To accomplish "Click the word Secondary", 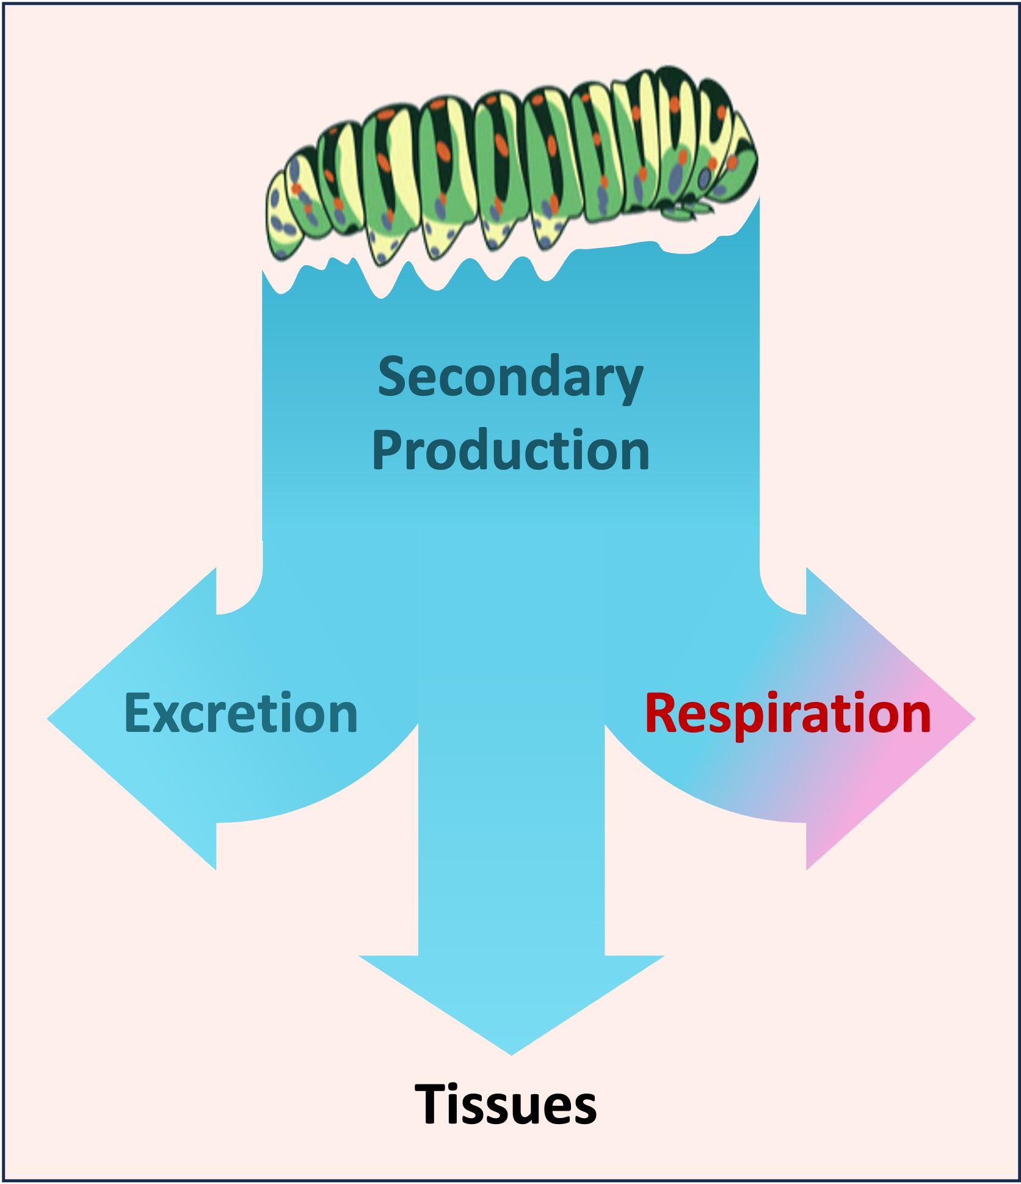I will pos(511,378).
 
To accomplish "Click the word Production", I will pos(511,451).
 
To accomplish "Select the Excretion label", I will pos(241,713).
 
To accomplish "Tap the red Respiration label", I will pos(788,713).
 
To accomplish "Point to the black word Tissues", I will pos(506,1104).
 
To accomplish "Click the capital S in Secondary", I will pos(392,378).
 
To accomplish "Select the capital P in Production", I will pos(386,451).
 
